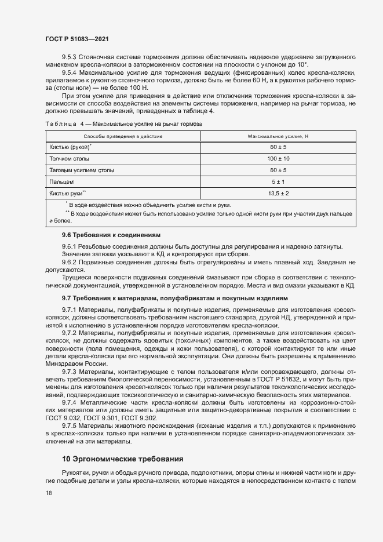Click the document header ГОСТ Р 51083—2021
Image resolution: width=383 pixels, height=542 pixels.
(76, 38)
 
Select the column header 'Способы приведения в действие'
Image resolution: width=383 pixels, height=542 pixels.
(123, 136)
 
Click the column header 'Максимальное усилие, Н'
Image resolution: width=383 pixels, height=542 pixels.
(278, 136)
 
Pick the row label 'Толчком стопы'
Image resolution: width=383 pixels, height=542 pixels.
(70, 158)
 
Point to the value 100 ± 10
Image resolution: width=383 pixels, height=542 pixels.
(278, 158)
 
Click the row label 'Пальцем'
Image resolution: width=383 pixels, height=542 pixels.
(61, 181)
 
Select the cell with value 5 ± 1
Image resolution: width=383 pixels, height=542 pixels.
(278, 181)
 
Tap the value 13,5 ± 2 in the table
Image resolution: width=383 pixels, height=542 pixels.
(278, 192)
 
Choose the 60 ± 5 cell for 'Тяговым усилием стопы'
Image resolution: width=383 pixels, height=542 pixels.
(278, 170)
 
